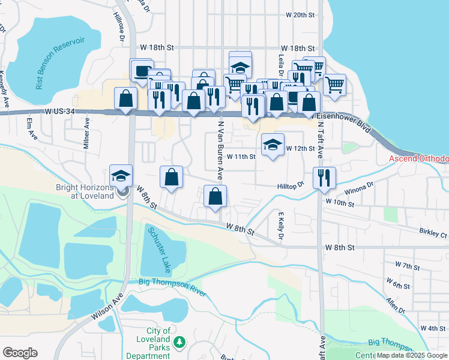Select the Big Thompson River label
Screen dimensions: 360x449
pyautogui.click(x=172, y=287)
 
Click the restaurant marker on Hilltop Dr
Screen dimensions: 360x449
pyautogui.click(x=325, y=178)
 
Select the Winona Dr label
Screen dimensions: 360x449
pyautogui.click(x=360, y=193)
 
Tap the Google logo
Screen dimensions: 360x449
pyautogui.click(x=20, y=353)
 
